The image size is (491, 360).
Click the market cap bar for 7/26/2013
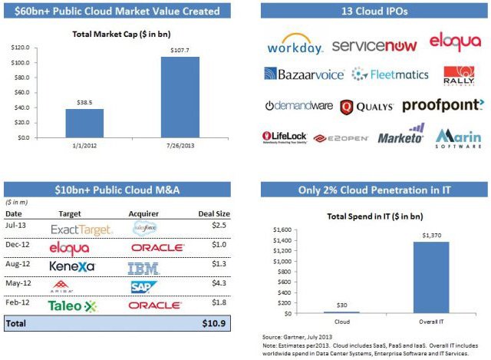coord(180,97)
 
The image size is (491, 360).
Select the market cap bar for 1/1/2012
coord(84,123)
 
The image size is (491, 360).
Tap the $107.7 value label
coord(180,50)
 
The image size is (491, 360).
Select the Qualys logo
coord(366,107)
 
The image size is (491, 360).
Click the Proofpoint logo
coord(443,105)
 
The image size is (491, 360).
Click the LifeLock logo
coord(284,137)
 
